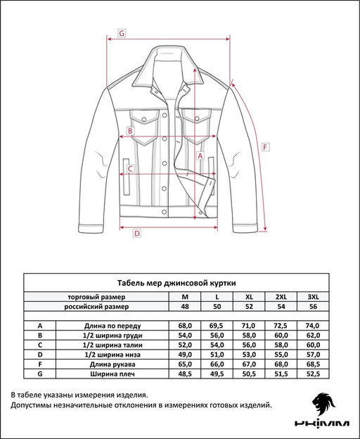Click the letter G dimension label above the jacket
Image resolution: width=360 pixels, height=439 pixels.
tap(122, 33)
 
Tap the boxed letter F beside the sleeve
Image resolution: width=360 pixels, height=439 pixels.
tap(265, 147)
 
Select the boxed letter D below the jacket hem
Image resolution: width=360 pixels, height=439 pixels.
tap(137, 234)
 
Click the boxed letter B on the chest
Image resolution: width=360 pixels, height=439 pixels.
tap(131, 130)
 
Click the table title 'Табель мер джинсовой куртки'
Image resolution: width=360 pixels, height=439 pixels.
tap(176, 281)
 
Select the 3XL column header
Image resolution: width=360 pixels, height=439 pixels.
tap(313, 296)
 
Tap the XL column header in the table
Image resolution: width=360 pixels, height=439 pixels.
tap(248, 296)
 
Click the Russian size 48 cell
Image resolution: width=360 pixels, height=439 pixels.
tap(185, 307)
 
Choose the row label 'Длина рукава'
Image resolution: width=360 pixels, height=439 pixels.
tap(113, 365)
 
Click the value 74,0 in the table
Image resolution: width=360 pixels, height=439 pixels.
tap(313, 326)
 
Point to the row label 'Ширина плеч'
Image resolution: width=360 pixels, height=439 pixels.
tap(113, 375)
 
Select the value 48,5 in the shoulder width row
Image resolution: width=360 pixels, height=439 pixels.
tap(185, 375)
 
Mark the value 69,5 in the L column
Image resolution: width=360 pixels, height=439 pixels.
tap(217, 326)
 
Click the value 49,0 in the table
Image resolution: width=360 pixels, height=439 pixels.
tap(185, 355)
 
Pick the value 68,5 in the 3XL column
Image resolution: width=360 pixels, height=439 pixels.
tap(313, 365)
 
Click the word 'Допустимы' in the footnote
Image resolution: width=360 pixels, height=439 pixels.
tap(33, 405)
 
